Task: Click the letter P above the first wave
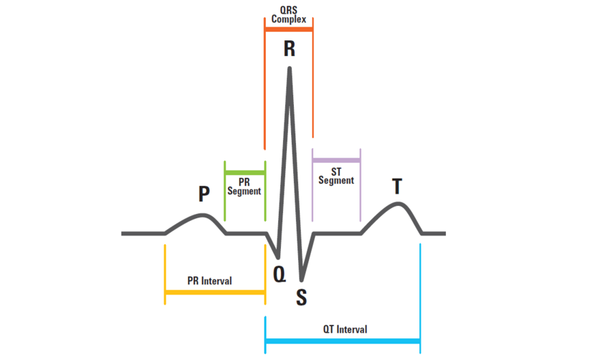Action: [205, 193]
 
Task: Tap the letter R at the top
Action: [289, 49]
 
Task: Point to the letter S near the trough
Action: [302, 297]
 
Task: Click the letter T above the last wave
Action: [397, 186]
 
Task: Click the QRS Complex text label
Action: [288, 14]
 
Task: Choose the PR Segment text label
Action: [244, 187]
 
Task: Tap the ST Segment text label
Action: [336, 176]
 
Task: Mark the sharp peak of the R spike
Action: [290, 69]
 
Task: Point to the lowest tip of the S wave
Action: [302, 279]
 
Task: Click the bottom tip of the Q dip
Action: [279, 257]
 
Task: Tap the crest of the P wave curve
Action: [203, 215]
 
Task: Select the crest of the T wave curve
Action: [398, 204]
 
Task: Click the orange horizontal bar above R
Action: [289, 30]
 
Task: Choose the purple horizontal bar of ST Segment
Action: [336, 159]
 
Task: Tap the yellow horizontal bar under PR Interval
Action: [215, 292]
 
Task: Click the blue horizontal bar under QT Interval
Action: [342, 341]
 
